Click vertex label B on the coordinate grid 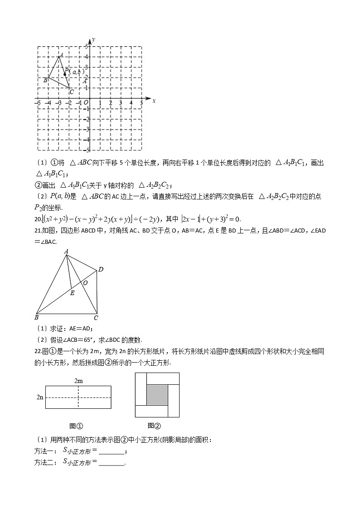tap(45, 80)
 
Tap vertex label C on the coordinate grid tap(72, 92)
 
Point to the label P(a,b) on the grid tap(74, 72)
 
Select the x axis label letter tap(154, 101)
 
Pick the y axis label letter tap(93, 40)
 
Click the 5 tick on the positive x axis tap(141, 103)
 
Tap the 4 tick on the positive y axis tap(87, 57)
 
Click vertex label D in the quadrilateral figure tap(101, 270)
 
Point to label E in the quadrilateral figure tap(72, 293)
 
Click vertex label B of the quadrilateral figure tap(36, 317)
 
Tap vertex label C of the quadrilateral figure tap(96, 318)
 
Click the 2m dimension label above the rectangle tap(78, 381)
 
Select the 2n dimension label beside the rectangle tap(40, 397)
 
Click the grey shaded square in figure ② tap(157, 394)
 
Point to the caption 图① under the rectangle tap(76, 426)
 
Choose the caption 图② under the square tap(154, 426)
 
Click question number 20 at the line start tap(38, 219)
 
